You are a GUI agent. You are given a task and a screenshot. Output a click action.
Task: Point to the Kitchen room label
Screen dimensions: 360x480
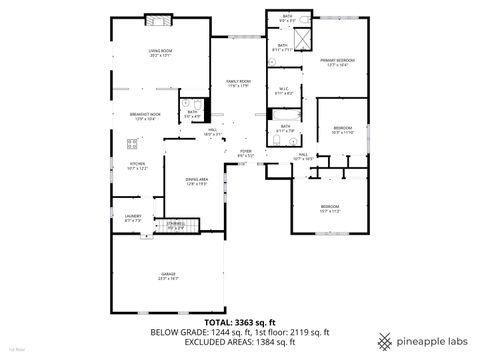pyautogui.click(x=136, y=166)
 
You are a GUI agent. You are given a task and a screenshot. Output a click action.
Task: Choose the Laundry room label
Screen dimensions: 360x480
pyautogui.click(x=133, y=216)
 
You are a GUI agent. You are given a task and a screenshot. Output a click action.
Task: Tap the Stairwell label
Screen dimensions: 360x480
pyautogui.click(x=176, y=226)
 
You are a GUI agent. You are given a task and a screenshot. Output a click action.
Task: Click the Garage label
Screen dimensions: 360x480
pyautogui.click(x=168, y=276)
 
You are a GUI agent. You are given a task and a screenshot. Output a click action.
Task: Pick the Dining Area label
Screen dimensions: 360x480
pyautogui.click(x=196, y=181)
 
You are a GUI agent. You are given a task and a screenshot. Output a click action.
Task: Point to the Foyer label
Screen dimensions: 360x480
pyautogui.click(x=246, y=153)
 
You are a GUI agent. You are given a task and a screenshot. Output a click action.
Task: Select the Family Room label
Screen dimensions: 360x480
pyautogui.click(x=238, y=83)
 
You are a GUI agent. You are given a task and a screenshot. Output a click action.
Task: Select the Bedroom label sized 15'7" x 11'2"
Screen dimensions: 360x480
pyautogui.click(x=330, y=209)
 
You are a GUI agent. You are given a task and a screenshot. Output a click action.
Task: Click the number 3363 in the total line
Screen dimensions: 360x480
pyautogui.click(x=241, y=321)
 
